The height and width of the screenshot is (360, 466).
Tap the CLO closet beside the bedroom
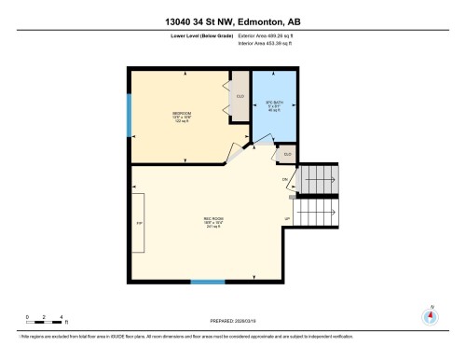pyautogui.click(x=240, y=96)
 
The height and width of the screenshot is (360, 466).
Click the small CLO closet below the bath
pyautogui.click(x=287, y=153)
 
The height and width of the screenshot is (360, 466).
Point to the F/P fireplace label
pyautogui.click(x=139, y=224)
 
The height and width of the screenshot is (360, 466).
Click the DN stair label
pyautogui.click(x=285, y=178)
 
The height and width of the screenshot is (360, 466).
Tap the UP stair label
pyautogui.click(x=286, y=219)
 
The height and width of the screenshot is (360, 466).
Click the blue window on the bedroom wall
pyautogui.click(x=129, y=112)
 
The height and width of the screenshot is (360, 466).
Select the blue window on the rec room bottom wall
pyautogui.click(x=207, y=281)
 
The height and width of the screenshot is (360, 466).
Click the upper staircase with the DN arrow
pyautogui.click(x=320, y=176)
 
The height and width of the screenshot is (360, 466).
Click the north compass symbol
pyautogui.click(x=430, y=314)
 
